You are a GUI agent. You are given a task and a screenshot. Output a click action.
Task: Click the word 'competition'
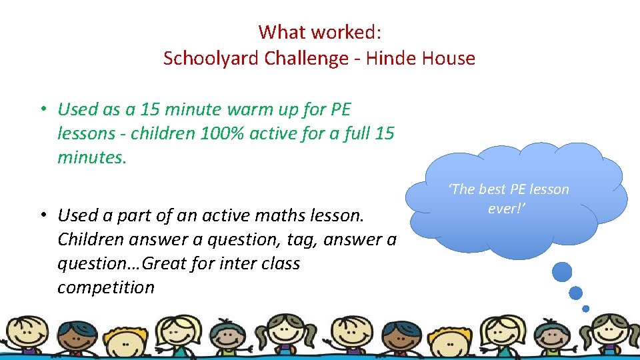(105, 288)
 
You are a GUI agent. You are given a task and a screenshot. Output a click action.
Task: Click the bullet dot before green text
(41, 109)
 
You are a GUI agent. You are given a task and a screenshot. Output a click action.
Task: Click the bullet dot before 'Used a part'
(41, 216)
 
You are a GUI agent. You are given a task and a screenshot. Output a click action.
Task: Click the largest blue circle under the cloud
(562, 272)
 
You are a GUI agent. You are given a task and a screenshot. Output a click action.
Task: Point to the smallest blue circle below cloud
(585, 309)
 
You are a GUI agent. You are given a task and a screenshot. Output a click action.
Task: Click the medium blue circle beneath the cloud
(576, 293)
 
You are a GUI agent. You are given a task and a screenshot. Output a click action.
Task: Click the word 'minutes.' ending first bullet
(91, 157)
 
